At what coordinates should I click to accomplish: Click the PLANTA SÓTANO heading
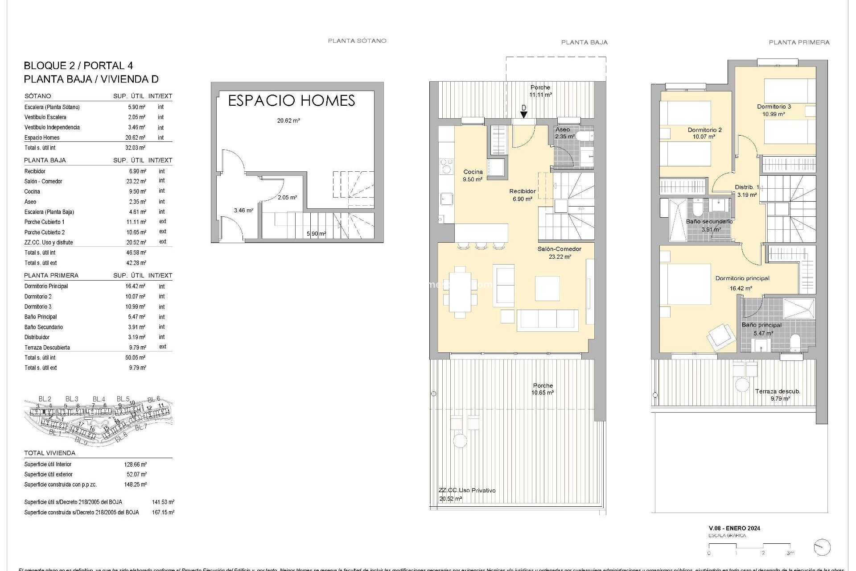[x=357, y=41]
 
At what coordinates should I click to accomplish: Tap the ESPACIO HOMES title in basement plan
[x=291, y=101]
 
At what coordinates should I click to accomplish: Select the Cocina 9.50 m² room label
[x=473, y=175]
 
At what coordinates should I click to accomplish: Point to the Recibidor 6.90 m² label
[x=522, y=195]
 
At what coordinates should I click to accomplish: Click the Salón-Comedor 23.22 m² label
[x=559, y=252]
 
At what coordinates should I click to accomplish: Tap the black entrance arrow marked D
[x=524, y=115]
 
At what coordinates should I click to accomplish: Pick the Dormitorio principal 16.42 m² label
[x=742, y=283]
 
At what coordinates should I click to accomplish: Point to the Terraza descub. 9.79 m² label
[x=778, y=394]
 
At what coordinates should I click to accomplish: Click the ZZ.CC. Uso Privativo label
[x=466, y=491]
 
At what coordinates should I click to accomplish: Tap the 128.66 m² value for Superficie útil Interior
[x=135, y=464]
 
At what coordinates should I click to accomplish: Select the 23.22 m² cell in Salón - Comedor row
[x=136, y=182]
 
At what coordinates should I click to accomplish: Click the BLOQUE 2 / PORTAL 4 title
[x=78, y=66]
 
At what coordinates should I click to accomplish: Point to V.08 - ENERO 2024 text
[x=734, y=528]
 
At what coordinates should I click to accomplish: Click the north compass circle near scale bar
[x=822, y=547]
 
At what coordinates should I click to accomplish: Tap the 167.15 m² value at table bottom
[x=163, y=513]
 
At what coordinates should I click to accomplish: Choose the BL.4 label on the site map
[x=99, y=399]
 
